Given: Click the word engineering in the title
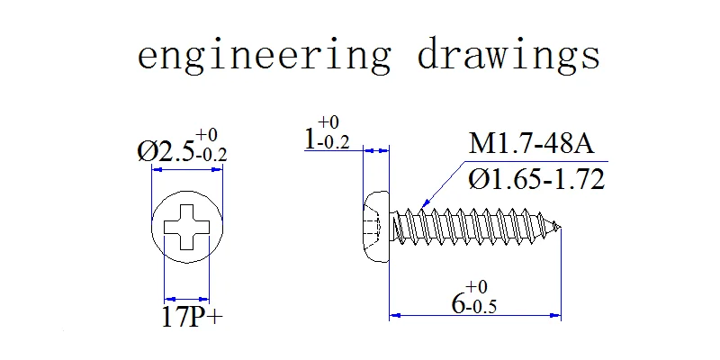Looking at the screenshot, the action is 264,55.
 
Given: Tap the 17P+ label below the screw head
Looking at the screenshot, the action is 192,317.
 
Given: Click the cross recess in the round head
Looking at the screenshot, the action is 187,228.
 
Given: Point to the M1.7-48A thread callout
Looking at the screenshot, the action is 531,144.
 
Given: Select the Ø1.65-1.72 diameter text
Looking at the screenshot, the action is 536,179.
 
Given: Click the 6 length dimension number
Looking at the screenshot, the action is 458,303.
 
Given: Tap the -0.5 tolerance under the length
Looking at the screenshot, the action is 481,306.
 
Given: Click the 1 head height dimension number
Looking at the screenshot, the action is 310,139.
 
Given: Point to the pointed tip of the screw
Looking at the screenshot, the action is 559,226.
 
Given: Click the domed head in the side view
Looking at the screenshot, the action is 376,228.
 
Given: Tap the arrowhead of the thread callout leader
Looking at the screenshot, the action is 426,202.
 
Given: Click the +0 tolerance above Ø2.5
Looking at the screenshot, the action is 207,136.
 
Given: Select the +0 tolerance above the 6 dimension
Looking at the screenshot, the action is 476,287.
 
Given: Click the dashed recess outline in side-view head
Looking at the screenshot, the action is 373,228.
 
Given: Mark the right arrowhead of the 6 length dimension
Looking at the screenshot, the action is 555,316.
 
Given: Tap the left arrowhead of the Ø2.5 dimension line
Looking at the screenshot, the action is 157,170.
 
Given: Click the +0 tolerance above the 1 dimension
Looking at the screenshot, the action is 328,122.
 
